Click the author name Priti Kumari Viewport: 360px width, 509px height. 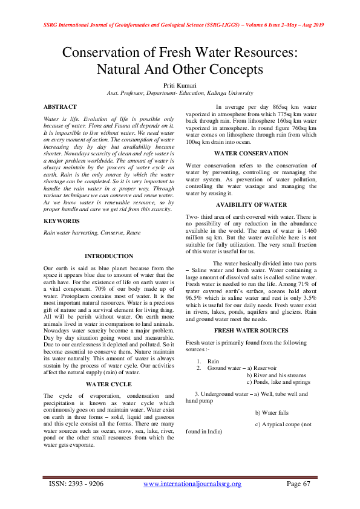(180, 86)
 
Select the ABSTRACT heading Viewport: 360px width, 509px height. (61, 106)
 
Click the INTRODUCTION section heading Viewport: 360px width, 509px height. (109, 256)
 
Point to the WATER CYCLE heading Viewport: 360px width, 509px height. (109, 384)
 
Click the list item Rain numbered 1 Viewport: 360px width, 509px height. (213, 360)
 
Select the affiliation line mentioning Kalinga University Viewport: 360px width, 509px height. (180, 94)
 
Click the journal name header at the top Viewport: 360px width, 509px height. (180, 25)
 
